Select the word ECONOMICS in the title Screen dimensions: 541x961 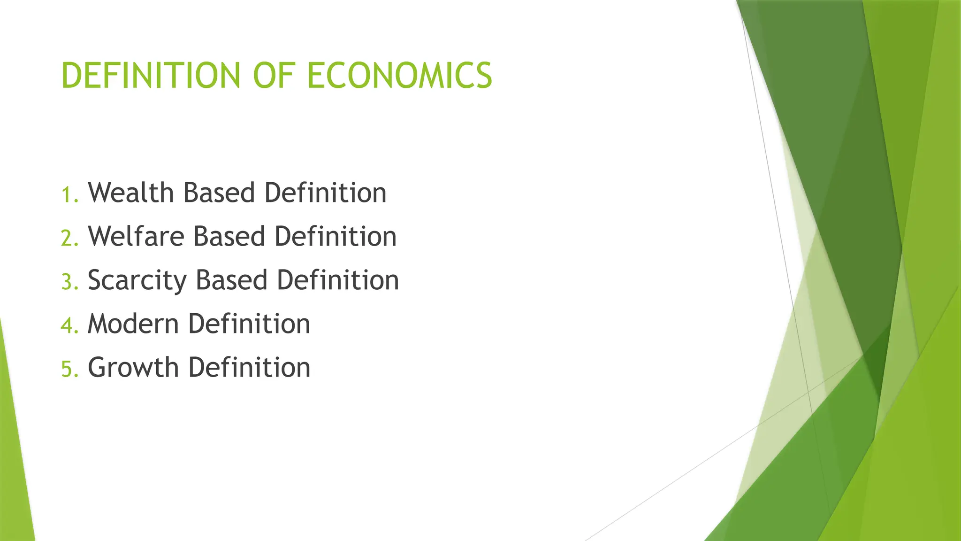(399, 76)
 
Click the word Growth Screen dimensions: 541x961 (133, 368)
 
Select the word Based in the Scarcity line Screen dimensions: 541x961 (231, 280)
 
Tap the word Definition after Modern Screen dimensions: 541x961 (249, 324)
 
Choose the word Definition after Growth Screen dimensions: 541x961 (249, 368)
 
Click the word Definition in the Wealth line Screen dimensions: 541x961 (325, 193)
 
